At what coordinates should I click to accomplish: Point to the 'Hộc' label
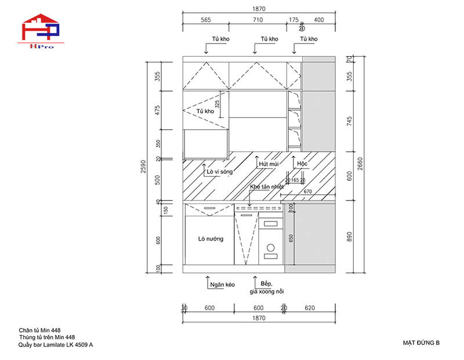tap(302, 165)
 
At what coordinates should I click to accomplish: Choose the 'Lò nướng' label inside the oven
tap(211, 239)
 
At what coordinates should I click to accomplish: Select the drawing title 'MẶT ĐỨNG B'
tap(421, 343)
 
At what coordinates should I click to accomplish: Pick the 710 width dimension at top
tap(258, 20)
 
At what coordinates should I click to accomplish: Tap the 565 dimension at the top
tap(205, 20)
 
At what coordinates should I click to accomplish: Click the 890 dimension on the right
tap(349, 236)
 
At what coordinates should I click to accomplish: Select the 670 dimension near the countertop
tap(307, 192)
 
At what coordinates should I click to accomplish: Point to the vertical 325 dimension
tap(217, 104)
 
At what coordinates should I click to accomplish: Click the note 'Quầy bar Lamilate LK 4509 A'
tap(56, 345)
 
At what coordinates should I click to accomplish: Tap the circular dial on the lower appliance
tap(270, 248)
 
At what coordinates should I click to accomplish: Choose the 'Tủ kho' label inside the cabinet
tap(205, 111)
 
